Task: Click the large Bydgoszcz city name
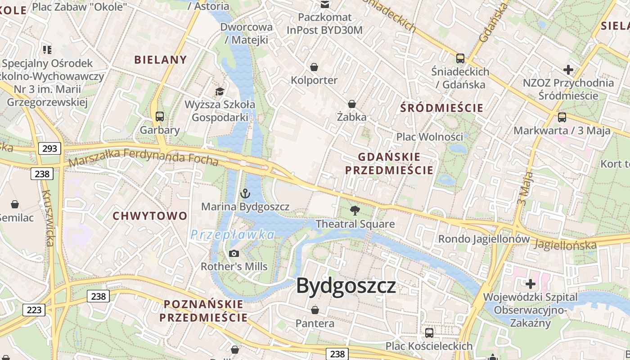pyautogui.click(x=346, y=286)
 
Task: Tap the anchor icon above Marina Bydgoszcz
pyautogui.click(x=245, y=194)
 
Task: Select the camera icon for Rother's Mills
pyautogui.click(x=234, y=253)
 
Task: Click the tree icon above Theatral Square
pyautogui.click(x=355, y=210)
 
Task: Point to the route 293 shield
pyautogui.click(x=49, y=148)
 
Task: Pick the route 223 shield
pyautogui.click(x=34, y=310)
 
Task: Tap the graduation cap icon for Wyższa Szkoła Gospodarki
pyautogui.click(x=220, y=92)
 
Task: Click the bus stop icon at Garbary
pyautogui.click(x=160, y=117)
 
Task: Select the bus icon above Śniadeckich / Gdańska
pyautogui.click(x=460, y=58)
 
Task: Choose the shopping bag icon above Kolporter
pyautogui.click(x=314, y=67)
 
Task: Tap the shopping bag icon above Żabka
pyautogui.click(x=352, y=104)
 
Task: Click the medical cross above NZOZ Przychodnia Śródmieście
pyautogui.click(x=568, y=70)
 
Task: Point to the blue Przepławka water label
pyautogui.click(x=232, y=234)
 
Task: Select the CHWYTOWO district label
pyautogui.click(x=150, y=216)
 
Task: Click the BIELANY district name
pyautogui.click(x=160, y=60)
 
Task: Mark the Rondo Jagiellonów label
pyautogui.click(x=484, y=239)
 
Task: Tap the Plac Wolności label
pyautogui.click(x=429, y=136)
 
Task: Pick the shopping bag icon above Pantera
pyautogui.click(x=315, y=310)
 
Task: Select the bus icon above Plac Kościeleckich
pyautogui.click(x=429, y=333)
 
